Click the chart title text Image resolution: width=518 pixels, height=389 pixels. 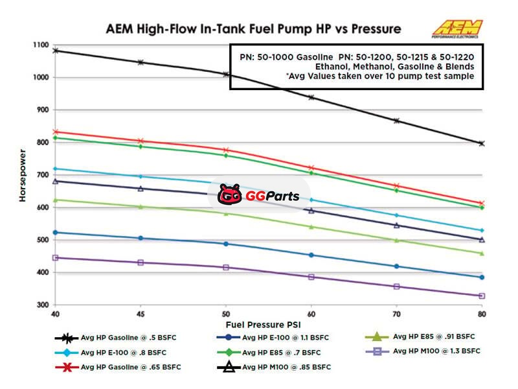click(x=254, y=29)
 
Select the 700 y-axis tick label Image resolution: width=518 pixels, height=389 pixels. click(x=42, y=175)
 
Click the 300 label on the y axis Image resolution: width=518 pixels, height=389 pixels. click(x=42, y=305)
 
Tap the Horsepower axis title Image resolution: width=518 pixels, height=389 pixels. click(x=22, y=175)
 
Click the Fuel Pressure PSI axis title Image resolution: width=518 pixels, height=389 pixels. click(x=264, y=324)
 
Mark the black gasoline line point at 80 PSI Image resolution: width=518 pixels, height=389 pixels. click(x=482, y=143)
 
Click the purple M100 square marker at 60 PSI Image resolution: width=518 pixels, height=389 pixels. click(x=311, y=277)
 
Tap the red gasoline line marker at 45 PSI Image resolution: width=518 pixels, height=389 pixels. click(x=140, y=141)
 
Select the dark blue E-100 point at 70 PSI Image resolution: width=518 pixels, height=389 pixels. click(x=396, y=266)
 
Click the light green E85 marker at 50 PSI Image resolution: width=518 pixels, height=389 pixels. click(x=225, y=213)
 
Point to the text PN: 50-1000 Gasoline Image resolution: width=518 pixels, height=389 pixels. click(x=285, y=57)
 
